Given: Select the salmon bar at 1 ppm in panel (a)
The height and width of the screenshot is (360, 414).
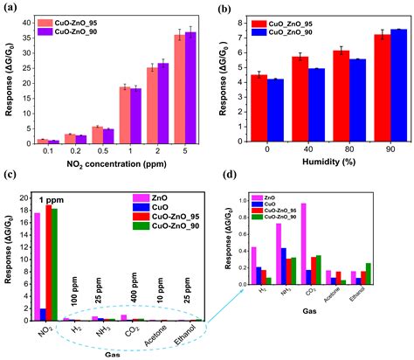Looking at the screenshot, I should [x=125, y=114].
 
